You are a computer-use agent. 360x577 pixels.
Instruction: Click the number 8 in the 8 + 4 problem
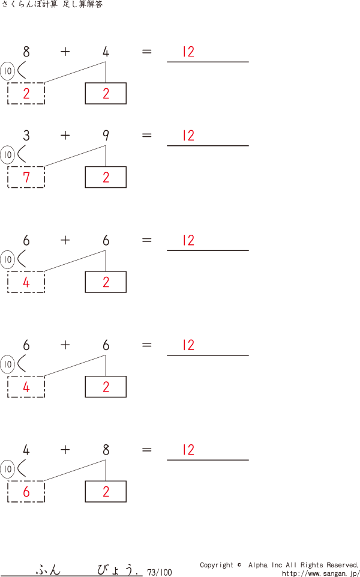(26, 52)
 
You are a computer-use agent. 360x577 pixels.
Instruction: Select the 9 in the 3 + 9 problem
(106, 136)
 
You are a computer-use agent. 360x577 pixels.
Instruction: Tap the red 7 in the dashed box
(26, 177)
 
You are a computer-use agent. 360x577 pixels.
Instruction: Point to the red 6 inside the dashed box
(26, 492)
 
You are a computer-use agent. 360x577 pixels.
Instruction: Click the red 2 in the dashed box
(26, 94)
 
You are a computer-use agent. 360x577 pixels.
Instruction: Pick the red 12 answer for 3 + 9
(188, 136)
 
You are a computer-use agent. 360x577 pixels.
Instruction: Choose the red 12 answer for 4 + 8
(188, 450)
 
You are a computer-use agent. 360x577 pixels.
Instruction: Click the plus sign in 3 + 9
(65, 136)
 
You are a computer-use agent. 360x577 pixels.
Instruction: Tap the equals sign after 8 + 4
(147, 52)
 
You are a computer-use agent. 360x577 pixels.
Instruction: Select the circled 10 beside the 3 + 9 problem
(7, 155)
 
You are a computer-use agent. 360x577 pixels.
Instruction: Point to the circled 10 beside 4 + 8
(7, 469)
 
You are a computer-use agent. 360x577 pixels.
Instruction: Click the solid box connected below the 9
(106, 177)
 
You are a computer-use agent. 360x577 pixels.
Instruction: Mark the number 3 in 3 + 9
(26, 136)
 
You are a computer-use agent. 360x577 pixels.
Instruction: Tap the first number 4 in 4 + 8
(26, 450)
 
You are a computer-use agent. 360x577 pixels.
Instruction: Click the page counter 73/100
(160, 572)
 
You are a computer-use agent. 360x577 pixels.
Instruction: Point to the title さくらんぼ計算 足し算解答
(52, 4)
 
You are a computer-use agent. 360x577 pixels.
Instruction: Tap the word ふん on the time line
(48, 570)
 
